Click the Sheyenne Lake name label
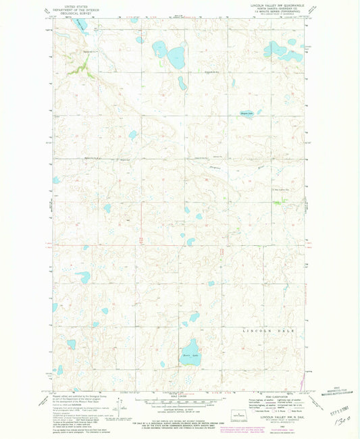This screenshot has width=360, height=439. click(247, 113)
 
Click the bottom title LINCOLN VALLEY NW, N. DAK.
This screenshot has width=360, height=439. click(269, 417)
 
